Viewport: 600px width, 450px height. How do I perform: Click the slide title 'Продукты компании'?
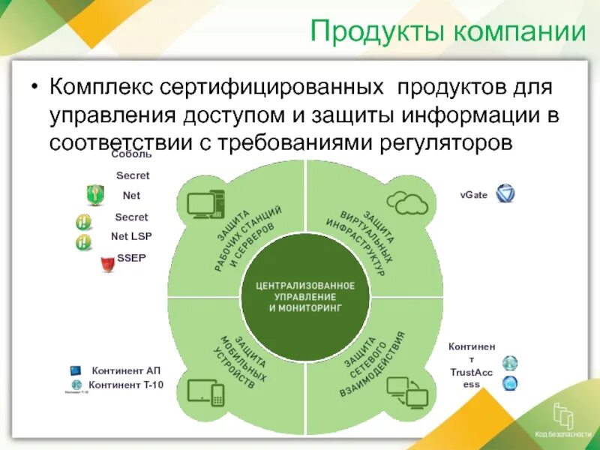pyautogui.click(x=448, y=32)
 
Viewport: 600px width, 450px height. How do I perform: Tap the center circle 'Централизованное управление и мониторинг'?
pyautogui.click(x=304, y=297)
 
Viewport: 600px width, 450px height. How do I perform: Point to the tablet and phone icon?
pyautogui.click(x=206, y=391)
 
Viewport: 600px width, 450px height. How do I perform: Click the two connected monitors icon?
pyautogui.click(x=406, y=391)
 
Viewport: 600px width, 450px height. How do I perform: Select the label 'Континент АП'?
pyautogui.click(x=126, y=370)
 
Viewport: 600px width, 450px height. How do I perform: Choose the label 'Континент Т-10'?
pyautogui.click(x=126, y=385)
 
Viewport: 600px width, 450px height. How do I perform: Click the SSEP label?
pyautogui.click(x=131, y=258)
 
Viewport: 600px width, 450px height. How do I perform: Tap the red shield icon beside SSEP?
pyautogui.click(x=106, y=265)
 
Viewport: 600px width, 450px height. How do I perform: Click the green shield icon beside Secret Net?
pyautogui.click(x=94, y=195)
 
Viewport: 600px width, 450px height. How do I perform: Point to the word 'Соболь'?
pyautogui.click(x=131, y=154)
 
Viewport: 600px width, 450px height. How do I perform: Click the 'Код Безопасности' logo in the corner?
pyautogui.click(x=562, y=420)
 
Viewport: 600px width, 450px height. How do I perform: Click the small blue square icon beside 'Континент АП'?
pyautogui.click(x=75, y=370)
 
